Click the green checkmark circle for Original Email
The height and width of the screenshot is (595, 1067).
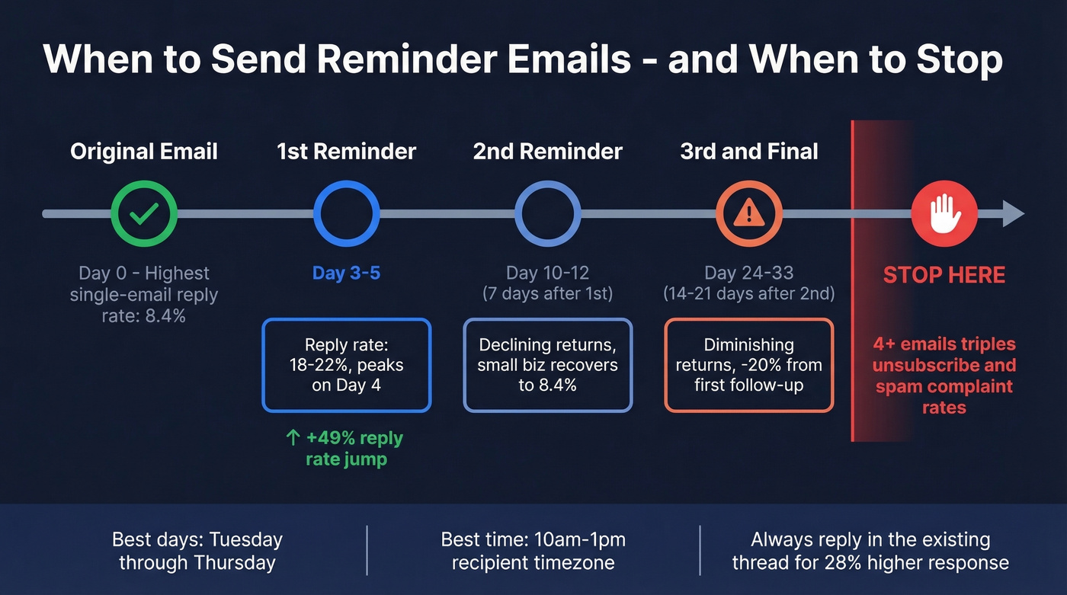[144, 214]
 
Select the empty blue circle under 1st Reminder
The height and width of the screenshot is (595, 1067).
[346, 214]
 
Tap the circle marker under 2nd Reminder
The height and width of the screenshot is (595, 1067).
[547, 214]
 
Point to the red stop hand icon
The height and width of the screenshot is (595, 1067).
[944, 214]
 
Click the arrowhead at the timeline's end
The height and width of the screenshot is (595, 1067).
[1013, 214]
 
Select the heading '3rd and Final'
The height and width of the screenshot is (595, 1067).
[749, 152]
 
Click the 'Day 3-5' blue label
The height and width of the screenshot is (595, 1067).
[346, 273]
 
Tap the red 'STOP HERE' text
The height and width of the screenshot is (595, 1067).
[944, 274]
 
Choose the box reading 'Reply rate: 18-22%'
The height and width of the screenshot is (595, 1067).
[347, 366]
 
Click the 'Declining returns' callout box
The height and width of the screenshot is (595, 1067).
[547, 366]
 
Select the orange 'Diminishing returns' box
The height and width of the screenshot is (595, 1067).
[749, 366]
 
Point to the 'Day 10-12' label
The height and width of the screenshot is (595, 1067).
[547, 273]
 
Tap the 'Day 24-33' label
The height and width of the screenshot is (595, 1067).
[749, 273]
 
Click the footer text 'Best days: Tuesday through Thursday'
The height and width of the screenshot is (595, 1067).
[197, 552]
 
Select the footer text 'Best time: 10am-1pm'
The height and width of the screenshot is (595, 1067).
[533, 540]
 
